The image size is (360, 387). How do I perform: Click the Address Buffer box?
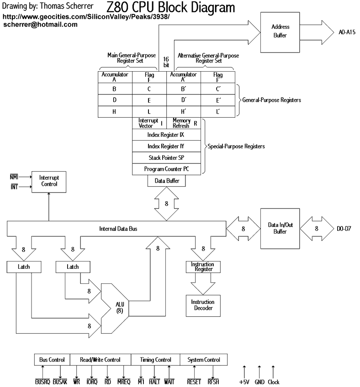(280, 31)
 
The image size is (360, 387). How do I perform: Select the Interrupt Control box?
(49, 181)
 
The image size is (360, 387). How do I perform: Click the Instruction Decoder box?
(202, 305)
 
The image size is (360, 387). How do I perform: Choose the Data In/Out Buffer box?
(280, 228)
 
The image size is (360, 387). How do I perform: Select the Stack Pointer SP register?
(167, 157)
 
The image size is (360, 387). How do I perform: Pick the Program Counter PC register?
(167, 169)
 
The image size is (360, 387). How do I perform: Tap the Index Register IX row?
(167, 135)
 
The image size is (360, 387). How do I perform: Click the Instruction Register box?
(202, 267)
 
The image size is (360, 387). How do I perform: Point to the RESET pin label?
(194, 382)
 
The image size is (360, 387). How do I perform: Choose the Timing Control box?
(156, 360)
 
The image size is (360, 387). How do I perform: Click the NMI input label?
(15, 176)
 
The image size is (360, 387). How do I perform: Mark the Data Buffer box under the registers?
(167, 181)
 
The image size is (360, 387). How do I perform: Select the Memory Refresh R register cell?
(184, 123)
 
